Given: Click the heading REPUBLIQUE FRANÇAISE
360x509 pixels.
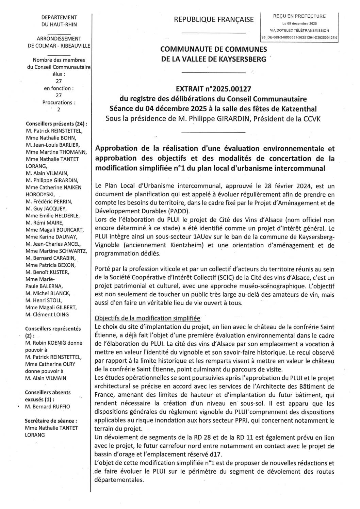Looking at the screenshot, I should (214, 20).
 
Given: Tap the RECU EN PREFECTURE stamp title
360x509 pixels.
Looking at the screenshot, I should (299, 16).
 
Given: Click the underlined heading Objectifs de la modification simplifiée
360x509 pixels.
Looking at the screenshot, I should (147, 318).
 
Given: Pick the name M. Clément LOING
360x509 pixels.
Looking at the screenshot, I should (47, 314).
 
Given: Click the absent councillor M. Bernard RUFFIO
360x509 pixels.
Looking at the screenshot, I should (47, 406).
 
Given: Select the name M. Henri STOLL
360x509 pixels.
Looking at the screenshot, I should (44, 300).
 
